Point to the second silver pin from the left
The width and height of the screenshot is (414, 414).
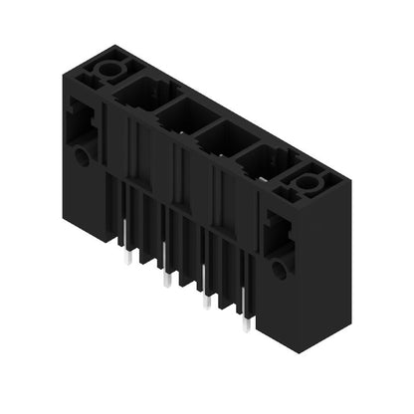point(166,282)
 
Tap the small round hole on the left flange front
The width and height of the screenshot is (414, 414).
point(81,156)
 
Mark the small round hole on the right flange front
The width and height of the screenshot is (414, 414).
point(281,269)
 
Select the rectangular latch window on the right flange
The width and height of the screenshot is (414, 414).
point(274,236)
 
